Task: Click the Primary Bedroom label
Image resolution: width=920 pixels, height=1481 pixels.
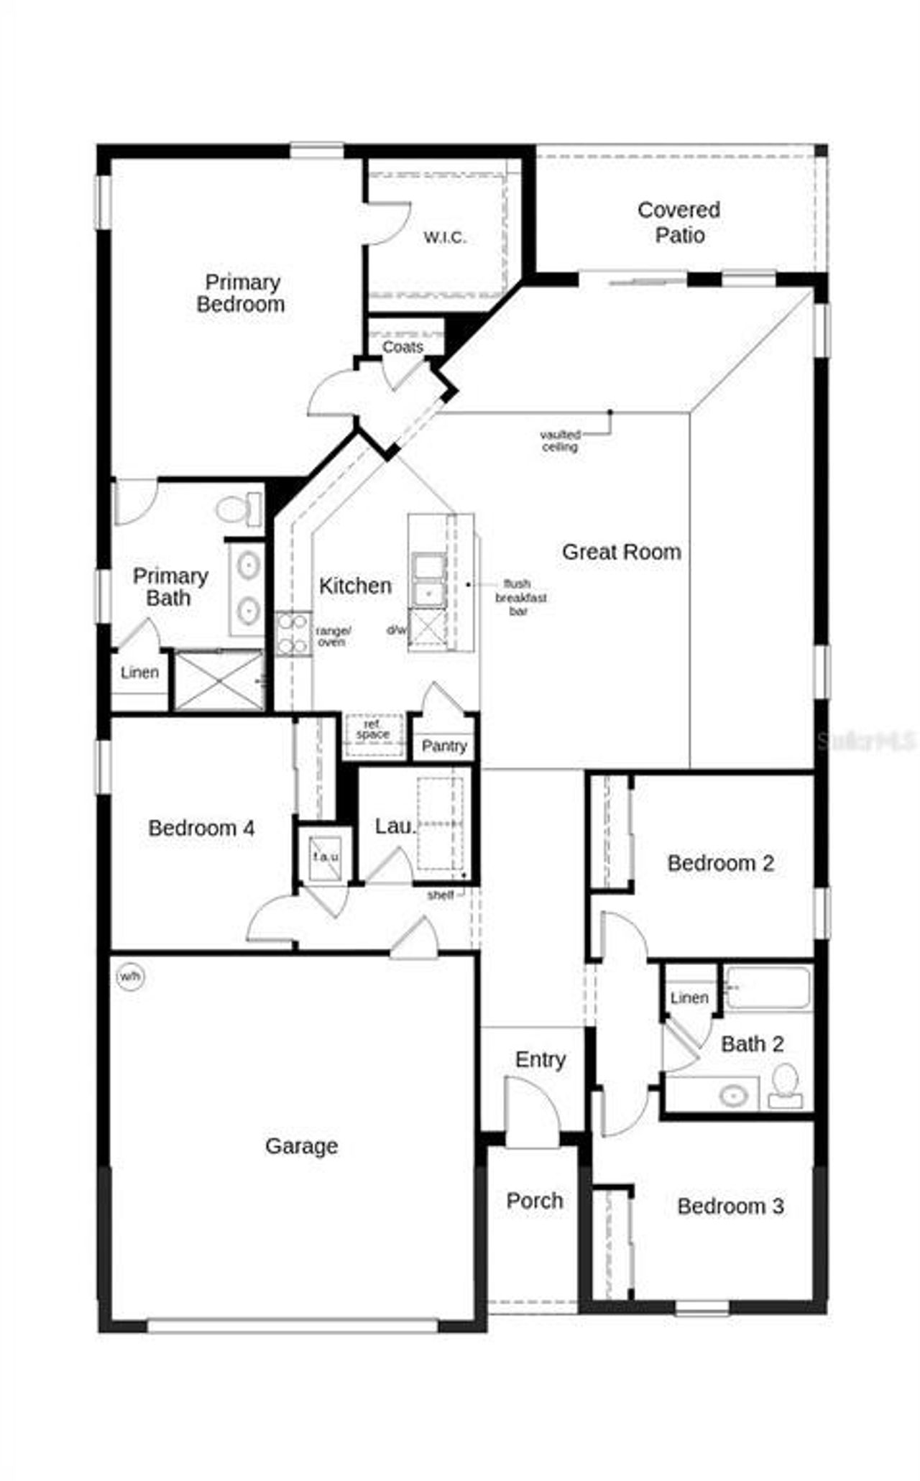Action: [241, 293]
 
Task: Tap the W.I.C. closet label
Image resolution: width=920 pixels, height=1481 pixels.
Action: [444, 237]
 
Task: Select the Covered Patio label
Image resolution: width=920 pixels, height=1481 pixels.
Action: [679, 222]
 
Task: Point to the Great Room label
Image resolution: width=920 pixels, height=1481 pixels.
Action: [621, 552]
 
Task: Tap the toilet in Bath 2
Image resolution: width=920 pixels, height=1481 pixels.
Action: [785, 1085]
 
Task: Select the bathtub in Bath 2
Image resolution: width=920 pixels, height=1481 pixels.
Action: [768, 988]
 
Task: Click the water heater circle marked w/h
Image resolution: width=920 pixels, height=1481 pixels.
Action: [130, 977]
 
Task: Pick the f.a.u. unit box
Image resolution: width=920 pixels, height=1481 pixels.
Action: [326, 856]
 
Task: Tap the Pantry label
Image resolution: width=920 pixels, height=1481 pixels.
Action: [444, 746]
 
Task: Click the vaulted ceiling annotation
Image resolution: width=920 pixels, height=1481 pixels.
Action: [560, 440]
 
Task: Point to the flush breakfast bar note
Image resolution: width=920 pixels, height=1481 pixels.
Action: [520, 598]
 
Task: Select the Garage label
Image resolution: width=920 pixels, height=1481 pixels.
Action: [301, 1145]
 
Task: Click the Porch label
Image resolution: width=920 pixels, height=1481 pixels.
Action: [534, 1200]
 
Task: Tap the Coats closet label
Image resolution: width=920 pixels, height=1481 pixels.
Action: [402, 347]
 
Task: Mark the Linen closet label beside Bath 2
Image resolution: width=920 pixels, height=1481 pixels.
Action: [689, 997]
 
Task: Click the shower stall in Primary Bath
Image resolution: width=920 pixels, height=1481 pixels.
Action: [219, 680]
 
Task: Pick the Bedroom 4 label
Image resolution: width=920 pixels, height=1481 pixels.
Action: [201, 828]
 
